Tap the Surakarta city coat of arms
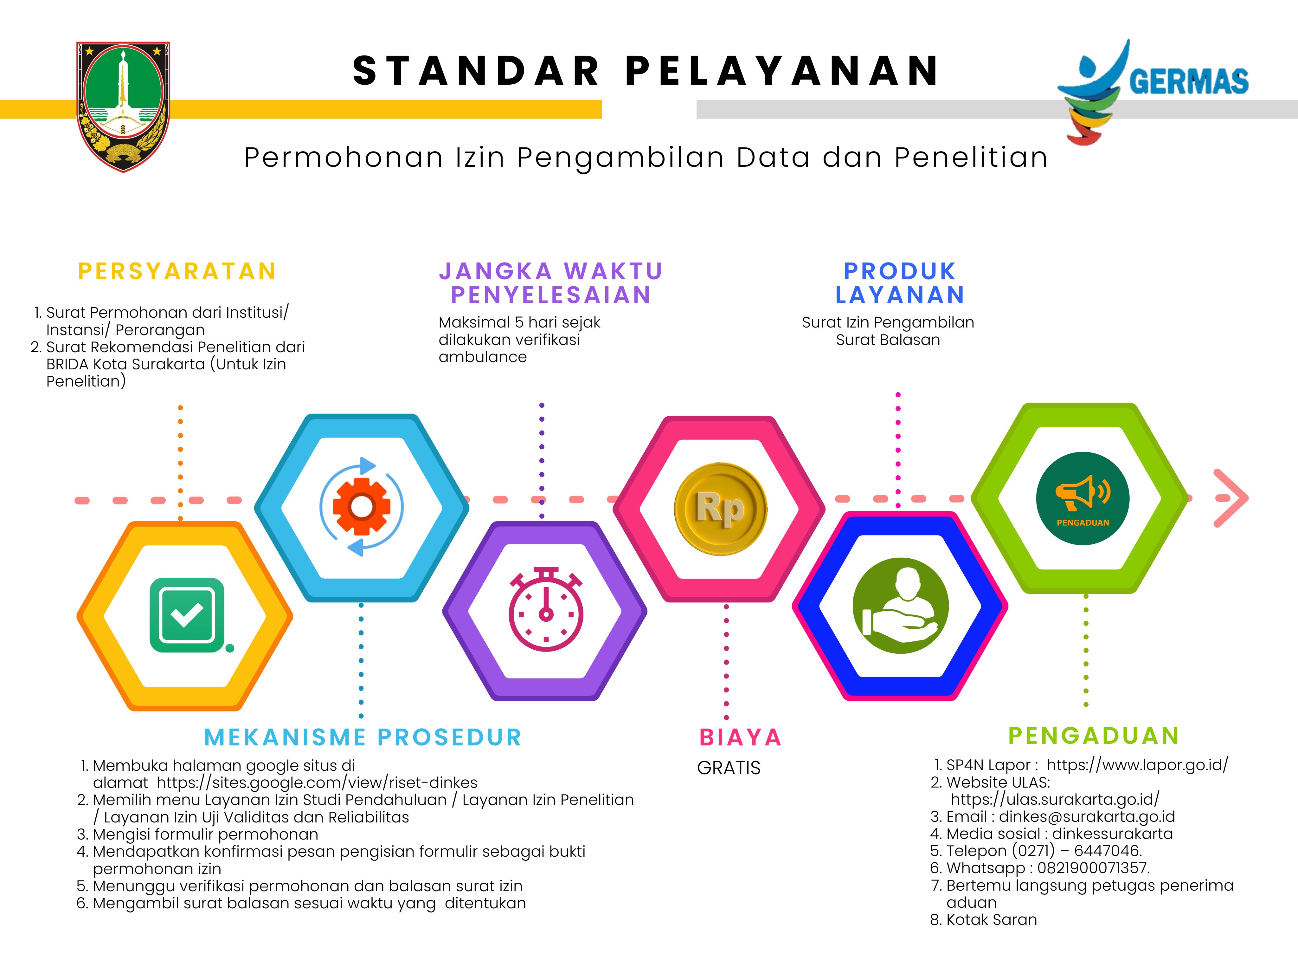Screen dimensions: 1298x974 123,106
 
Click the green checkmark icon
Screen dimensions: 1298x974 188,615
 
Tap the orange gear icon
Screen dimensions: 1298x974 362,506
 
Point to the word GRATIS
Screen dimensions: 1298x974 729,768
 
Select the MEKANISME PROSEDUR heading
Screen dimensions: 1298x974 363,737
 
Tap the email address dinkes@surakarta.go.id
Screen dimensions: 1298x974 1087,817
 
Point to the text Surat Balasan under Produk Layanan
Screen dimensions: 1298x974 888,340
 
